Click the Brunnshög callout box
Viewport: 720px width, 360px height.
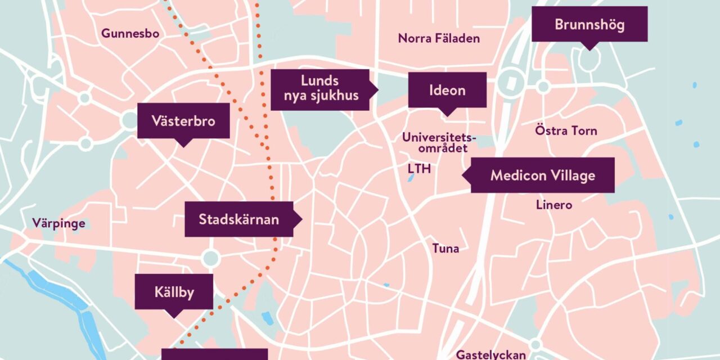tap(589, 24)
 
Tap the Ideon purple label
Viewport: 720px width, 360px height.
tap(447, 90)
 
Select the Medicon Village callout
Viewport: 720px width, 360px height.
tap(542, 175)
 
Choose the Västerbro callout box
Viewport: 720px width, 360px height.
tap(183, 121)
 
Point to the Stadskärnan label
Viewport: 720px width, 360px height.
tap(239, 219)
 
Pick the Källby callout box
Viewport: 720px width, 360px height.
tap(174, 291)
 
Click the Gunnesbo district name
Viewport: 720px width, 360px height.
tap(130, 34)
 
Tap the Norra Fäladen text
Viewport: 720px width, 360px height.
tap(439, 38)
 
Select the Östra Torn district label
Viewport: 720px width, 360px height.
tap(565, 131)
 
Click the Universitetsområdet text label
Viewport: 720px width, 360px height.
tap(439, 142)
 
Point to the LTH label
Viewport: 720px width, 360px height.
tap(419, 169)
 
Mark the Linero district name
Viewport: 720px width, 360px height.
tap(554, 205)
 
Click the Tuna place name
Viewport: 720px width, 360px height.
tap(445, 248)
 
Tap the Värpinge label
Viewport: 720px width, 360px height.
tap(58, 223)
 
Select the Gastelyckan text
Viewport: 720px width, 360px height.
tap(490, 354)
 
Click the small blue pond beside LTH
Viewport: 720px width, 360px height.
tap(411, 178)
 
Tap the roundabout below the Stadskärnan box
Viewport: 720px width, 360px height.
tap(210, 258)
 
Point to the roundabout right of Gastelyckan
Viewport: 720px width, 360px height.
tap(535, 344)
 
